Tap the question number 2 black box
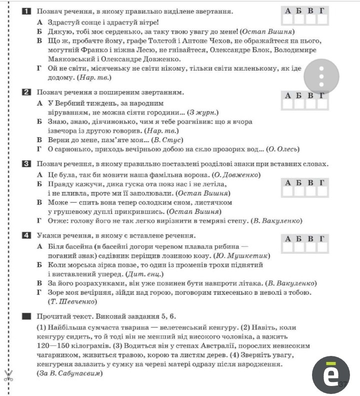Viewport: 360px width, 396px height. pos(26,92)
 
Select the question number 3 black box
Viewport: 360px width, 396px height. pos(26,164)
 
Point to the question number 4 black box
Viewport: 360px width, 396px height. pos(26,235)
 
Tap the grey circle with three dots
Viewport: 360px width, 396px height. pos(321,77)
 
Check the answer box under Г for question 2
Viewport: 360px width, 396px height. pos(322,105)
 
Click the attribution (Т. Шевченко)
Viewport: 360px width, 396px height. pos(73,301)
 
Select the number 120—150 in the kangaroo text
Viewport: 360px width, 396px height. pos(54,346)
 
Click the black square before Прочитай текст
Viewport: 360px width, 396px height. pos(26,316)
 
